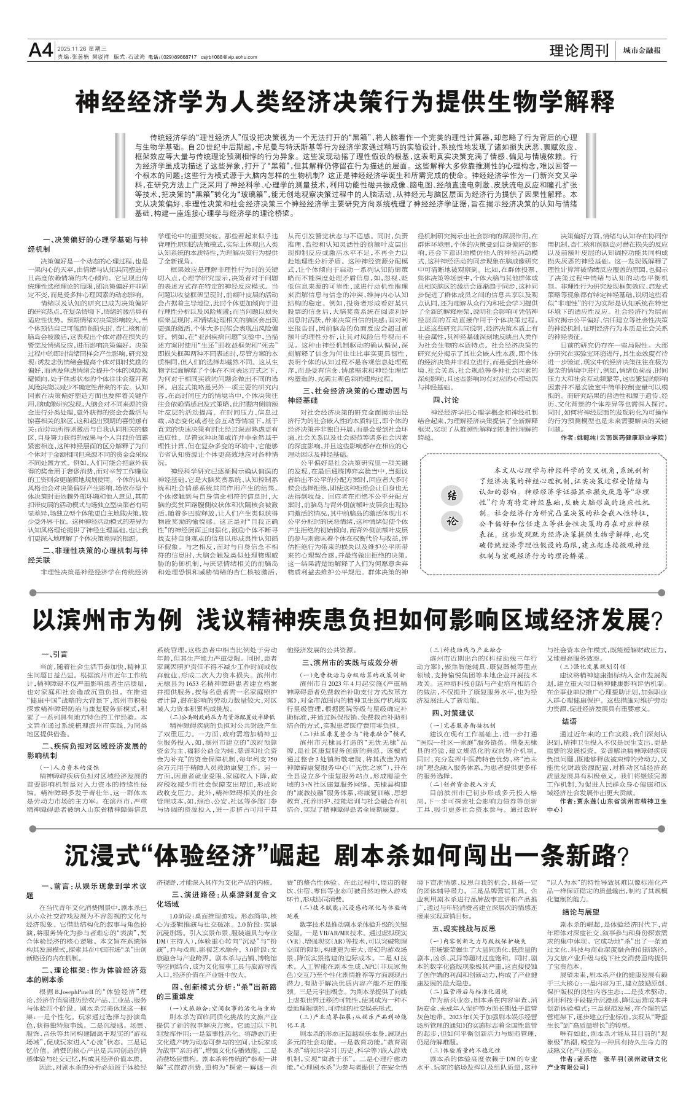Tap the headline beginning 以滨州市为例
coord(346,621)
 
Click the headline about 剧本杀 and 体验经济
coord(346,853)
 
